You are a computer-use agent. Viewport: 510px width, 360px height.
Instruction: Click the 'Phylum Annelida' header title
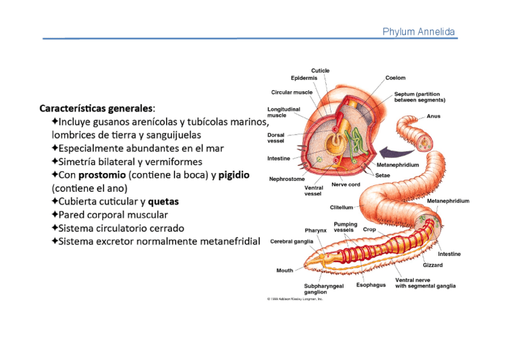[419, 32]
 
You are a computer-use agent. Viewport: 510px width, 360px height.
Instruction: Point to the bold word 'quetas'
[163, 201]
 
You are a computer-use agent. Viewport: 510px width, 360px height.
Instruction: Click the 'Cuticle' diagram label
[320, 71]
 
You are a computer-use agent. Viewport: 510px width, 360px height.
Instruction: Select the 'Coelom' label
[395, 78]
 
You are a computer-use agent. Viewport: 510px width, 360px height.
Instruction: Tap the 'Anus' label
[434, 117]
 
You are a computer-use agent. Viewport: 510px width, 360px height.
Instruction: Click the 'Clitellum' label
[341, 207]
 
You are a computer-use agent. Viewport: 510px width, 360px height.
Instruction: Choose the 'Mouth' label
[284, 270]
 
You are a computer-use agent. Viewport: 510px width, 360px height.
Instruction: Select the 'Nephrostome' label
[287, 178]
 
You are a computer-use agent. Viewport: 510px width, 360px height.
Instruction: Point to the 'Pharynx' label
[316, 230]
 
